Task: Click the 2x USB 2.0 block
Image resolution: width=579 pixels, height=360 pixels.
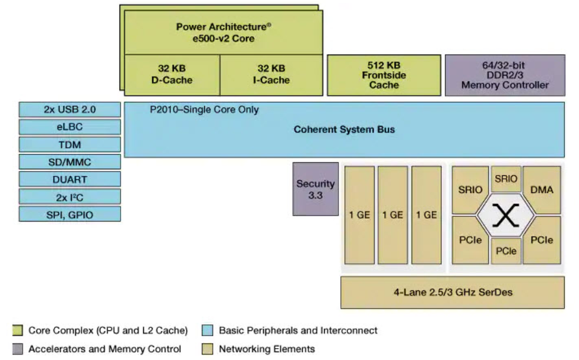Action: [x=69, y=110]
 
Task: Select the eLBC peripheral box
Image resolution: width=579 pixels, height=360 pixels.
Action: [x=69, y=127]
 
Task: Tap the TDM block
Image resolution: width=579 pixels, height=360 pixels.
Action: [x=69, y=144]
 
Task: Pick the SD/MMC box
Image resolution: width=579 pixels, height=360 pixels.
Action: [x=69, y=162]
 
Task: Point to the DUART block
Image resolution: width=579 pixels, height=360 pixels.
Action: [x=69, y=179]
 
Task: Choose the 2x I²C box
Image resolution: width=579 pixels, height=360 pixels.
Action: [x=69, y=197]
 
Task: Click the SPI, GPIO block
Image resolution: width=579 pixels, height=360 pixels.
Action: [x=69, y=214]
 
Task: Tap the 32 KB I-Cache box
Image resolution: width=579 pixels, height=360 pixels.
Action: [x=271, y=74]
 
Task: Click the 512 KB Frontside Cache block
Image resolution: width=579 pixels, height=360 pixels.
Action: [x=384, y=75]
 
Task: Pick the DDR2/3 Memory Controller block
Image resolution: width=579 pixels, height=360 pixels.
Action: [x=505, y=75]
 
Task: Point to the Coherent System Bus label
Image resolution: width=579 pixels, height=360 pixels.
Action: [x=344, y=130]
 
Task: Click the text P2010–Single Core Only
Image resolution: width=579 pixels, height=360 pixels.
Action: [x=204, y=110]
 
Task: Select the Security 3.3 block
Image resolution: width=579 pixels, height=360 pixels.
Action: [x=315, y=189]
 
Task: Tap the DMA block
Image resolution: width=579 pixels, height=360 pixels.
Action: [x=541, y=190]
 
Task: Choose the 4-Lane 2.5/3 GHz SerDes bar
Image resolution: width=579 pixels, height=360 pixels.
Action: [x=452, y=292]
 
